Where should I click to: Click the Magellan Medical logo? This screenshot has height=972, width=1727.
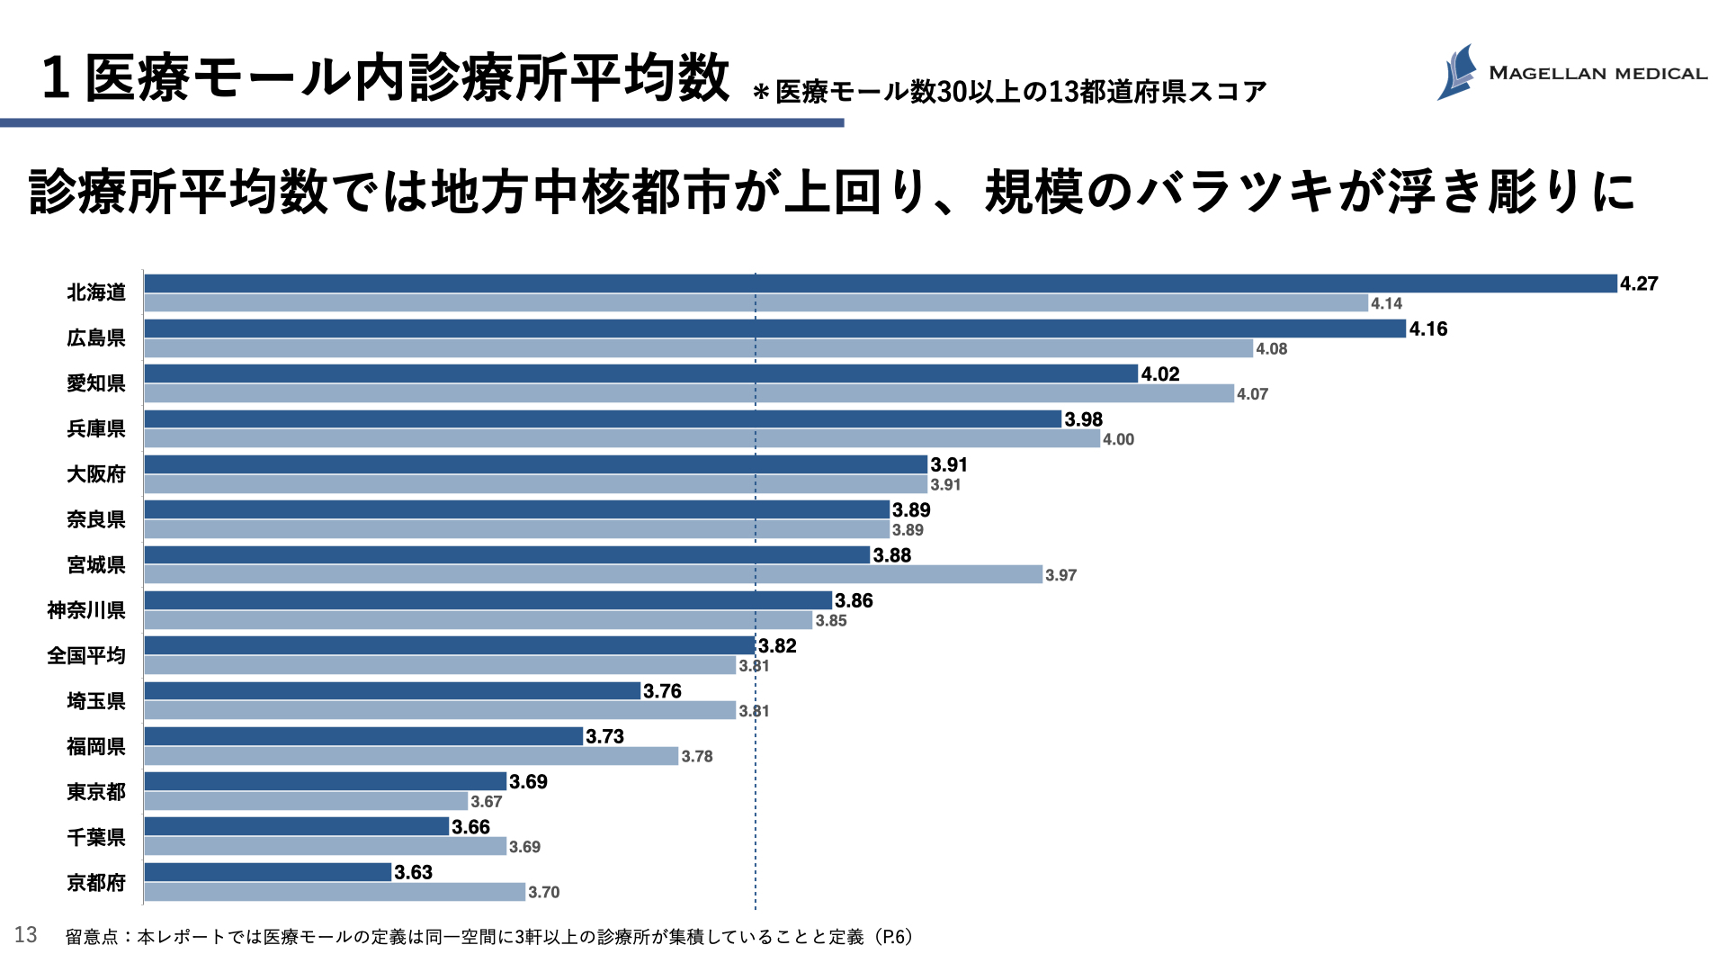(x=1570, y=72)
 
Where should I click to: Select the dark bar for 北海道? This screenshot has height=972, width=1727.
(x=880, y=283)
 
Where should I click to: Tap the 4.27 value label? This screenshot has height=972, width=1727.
(x=1639, y=283)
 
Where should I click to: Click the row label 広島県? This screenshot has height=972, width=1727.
(x=96, y=338)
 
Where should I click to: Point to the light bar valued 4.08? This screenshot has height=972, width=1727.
(x=698, y=348)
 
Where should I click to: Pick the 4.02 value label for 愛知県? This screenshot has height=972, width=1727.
(x=1160, y=374)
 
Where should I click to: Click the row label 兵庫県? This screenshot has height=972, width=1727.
(x=96, y=429)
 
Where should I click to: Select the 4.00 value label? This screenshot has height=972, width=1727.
(x=1119, y=439)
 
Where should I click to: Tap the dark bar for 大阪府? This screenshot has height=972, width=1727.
(x=535, y=464)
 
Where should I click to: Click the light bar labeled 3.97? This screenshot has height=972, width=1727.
(x=593, y=574)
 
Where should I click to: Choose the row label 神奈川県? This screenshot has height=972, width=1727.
(x=86, y=610)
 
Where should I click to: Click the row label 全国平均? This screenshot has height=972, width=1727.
(x=86, y=656)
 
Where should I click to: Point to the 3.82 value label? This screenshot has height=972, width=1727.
(x=777, y=646)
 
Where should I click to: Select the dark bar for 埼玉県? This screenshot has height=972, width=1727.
(x=392, y=691)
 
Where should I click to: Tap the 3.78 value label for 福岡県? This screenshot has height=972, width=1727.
(x=697, y=756)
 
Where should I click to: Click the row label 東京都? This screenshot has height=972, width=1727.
(x=96, y=792)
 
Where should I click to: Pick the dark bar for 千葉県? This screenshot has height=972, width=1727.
(x=296, y=826)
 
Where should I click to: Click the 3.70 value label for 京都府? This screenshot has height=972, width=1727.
(x=544, y=892)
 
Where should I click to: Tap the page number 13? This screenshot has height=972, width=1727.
(x=26, y=935)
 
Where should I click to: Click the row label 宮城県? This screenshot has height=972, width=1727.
(x=96, y=565)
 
